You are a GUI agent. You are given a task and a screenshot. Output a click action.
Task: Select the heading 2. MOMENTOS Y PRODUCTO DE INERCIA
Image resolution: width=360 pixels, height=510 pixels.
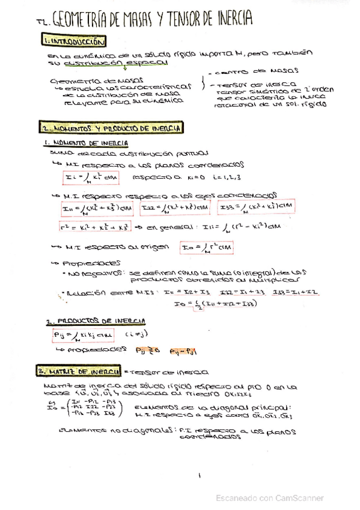112,128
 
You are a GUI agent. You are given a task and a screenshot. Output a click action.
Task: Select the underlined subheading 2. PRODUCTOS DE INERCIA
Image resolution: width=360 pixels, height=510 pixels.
93,321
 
